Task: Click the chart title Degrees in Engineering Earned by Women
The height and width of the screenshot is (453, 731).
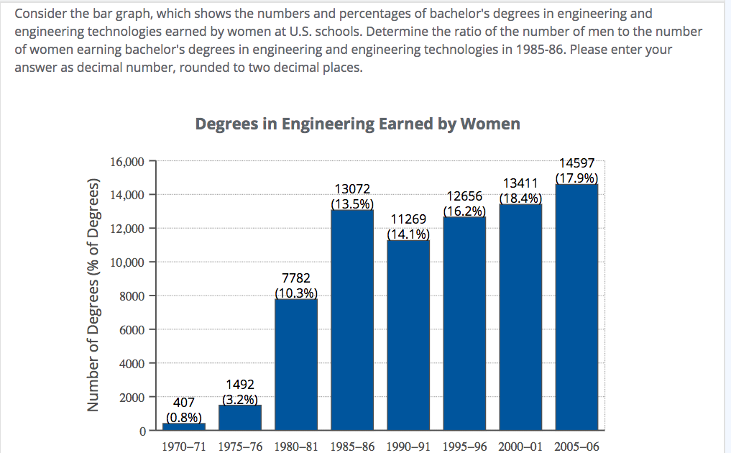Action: point(357,124)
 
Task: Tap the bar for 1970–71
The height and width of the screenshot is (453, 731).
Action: point(184,426)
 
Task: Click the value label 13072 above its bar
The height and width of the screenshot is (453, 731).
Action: point(352,189)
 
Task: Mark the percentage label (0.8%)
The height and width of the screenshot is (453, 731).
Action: point(184,416)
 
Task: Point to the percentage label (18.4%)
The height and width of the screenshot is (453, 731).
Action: point(520,198)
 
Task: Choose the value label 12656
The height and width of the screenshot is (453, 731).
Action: point(464,196)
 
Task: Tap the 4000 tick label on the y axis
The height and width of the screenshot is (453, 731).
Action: point(132,363)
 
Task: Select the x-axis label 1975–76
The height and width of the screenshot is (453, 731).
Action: point(239,446)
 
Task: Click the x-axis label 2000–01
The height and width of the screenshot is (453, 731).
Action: point(520,446)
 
